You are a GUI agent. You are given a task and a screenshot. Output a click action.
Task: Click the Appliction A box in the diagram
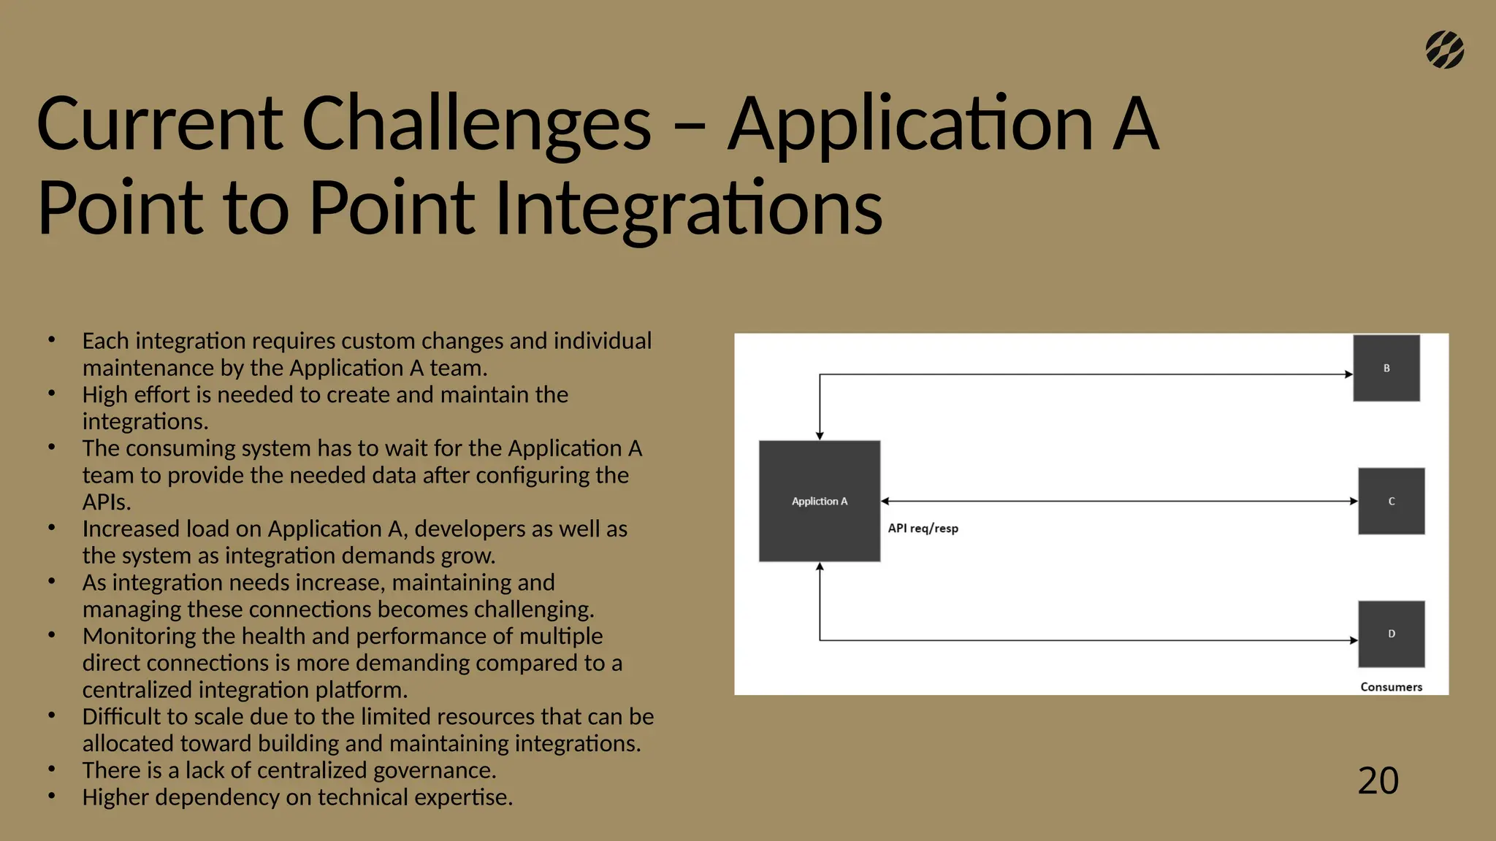(x=820, y=501)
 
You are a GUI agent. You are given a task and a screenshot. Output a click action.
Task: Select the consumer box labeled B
(x=1386, y=368)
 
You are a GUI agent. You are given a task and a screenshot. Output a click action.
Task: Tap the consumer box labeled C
(x=1391, y=501)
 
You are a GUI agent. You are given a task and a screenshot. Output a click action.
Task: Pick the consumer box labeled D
(x=1391, y=634)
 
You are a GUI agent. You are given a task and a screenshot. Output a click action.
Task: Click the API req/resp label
(x=923, y=529)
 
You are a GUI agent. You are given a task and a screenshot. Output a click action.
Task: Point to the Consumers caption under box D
(x=1391, y=687)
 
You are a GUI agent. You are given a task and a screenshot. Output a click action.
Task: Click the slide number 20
(x=1378, y=780)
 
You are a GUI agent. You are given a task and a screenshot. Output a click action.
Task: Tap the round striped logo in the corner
(x=1444, y=50)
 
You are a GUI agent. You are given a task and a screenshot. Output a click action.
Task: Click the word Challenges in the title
(x=476, y=124)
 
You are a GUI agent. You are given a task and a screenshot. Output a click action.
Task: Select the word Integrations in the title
(x=688, y=210)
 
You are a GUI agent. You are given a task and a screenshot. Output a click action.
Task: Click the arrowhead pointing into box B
(x=1348, y=375)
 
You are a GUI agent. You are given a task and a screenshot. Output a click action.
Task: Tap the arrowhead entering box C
(x=1354, y=501)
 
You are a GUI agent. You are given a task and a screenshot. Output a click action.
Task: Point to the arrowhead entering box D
(x=1354, y=640)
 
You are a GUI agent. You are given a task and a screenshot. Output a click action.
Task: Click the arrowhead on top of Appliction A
(x=820, y=436)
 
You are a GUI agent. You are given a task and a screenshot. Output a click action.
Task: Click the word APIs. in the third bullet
(x=107, y=502)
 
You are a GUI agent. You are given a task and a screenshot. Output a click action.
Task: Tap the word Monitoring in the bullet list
(x=139, y=636)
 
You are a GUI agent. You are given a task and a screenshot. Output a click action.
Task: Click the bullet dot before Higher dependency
(x=52, y=796)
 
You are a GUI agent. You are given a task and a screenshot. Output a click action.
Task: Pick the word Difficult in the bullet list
(x=123, y=716)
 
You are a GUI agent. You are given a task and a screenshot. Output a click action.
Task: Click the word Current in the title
(x=159, y=124)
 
